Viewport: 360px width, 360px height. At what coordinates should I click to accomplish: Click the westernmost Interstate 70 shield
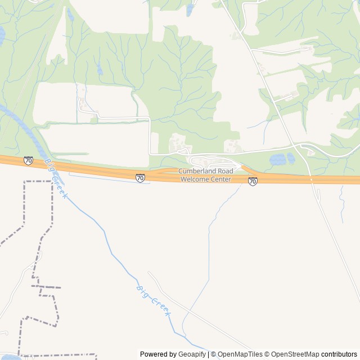[x=28, y=161]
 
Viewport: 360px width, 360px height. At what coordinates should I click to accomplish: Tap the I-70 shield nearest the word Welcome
[x=140, y=178]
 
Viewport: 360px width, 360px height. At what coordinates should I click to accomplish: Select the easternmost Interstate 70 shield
[x=253, y=181]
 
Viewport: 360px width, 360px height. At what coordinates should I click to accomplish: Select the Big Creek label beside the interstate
[x=57, y=179]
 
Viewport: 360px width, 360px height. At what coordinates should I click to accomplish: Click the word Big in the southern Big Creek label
[x=142, y=291]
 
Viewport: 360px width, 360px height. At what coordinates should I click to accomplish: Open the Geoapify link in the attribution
[x=192, y=354]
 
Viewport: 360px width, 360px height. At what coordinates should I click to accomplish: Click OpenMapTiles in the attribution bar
[x=240, y=354]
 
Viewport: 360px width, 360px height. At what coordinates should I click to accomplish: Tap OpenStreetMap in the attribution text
[x=295, y=354]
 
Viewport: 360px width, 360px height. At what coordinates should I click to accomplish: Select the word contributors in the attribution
[x=339, y=354]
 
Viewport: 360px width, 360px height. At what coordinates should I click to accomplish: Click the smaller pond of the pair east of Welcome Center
[x=291, y=158]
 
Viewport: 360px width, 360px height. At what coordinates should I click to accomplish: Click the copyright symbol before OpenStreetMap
[x=267, y=354]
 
